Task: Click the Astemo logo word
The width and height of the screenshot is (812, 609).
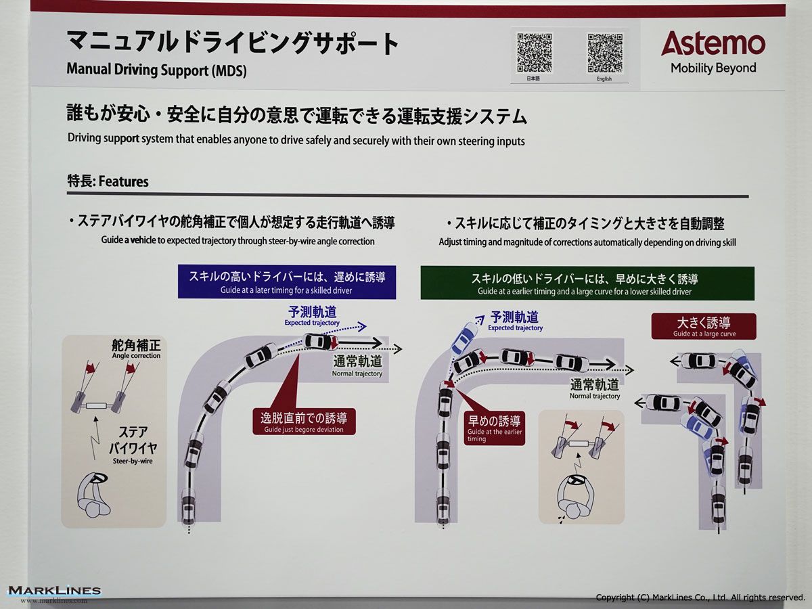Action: tap(713, 43)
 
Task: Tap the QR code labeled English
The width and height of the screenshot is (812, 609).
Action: tap(605, 53)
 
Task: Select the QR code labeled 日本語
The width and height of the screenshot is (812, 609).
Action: tap(534, 53)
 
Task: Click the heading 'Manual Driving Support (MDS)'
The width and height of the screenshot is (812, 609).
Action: tap(156, 70)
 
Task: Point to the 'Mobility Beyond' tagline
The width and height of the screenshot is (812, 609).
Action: tap(713, 68)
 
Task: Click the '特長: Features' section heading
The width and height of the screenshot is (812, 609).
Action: tap(108, 181)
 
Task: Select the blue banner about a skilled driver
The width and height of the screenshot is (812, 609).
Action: tap(287, 282)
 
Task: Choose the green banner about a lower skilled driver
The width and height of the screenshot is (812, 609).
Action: tap(587, 284)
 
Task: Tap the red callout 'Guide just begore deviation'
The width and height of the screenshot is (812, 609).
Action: tap(304, 422)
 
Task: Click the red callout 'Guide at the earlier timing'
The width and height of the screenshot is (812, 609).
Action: tap(494, 428)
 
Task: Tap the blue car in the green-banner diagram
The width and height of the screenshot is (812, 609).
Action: tap(464, 338)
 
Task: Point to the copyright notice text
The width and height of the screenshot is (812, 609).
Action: tap(700, 597)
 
